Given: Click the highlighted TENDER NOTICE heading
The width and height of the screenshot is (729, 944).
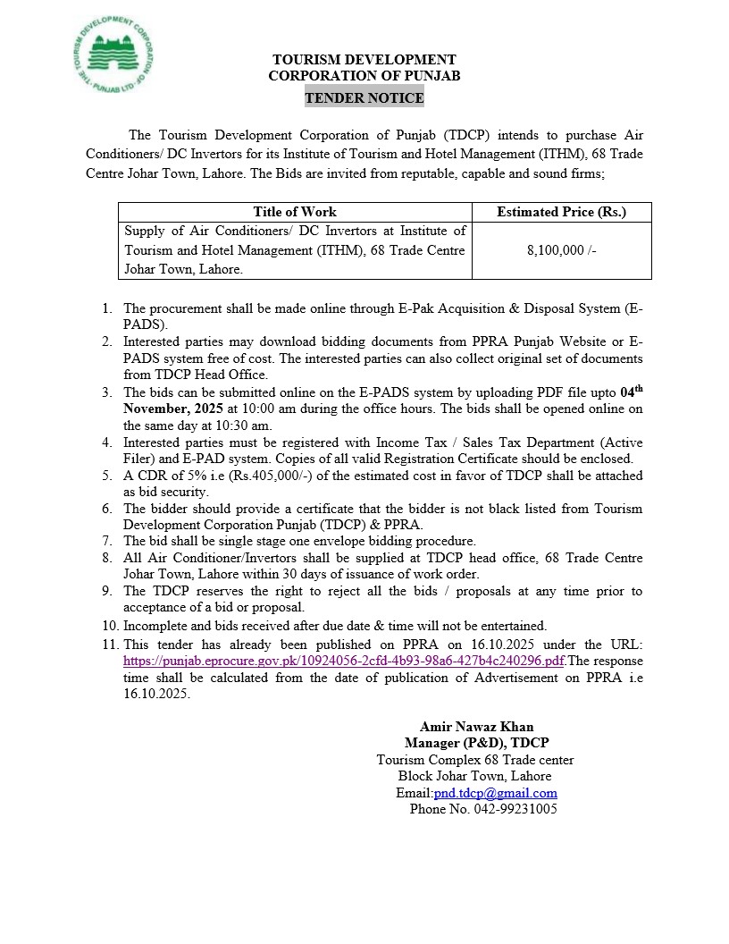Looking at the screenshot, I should pyautogui.click(x=364, y=97).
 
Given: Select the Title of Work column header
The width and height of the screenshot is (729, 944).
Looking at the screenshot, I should pyautogui.click(x=295, y=212).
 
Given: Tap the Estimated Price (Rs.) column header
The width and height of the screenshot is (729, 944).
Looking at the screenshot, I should pyautogui.click(x=561, y=212).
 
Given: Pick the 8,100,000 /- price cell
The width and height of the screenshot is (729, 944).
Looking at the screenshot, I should pyautogui.click(x=561, y=251).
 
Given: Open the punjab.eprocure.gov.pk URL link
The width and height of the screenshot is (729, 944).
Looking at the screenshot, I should pyautogui.click(x=344, y=661).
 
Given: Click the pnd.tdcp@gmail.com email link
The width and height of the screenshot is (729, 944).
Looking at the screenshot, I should pyautogui.click(x=495, y=793).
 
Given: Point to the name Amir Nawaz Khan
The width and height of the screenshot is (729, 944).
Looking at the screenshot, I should pyautogui.click(x=476, y=727).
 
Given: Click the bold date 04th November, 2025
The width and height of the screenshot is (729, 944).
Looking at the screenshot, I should pyautogui.click(x=161, y=409).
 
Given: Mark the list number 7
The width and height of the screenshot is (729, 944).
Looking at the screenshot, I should pyautogui.click(x=106, y=541).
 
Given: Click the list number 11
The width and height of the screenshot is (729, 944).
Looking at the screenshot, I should pyautogui.click(x=110, y=645).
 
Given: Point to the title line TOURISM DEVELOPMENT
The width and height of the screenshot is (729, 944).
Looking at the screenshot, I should pyautogui.click(x=364, y=60).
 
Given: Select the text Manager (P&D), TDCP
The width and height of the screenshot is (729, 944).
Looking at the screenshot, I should pyautogui.click(x=476, y=743).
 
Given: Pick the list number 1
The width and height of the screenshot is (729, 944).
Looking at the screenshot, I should pyautogui.click(x=106, y=308).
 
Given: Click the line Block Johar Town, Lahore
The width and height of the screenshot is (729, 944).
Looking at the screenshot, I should pyautogui.click(x=474, y=776).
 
